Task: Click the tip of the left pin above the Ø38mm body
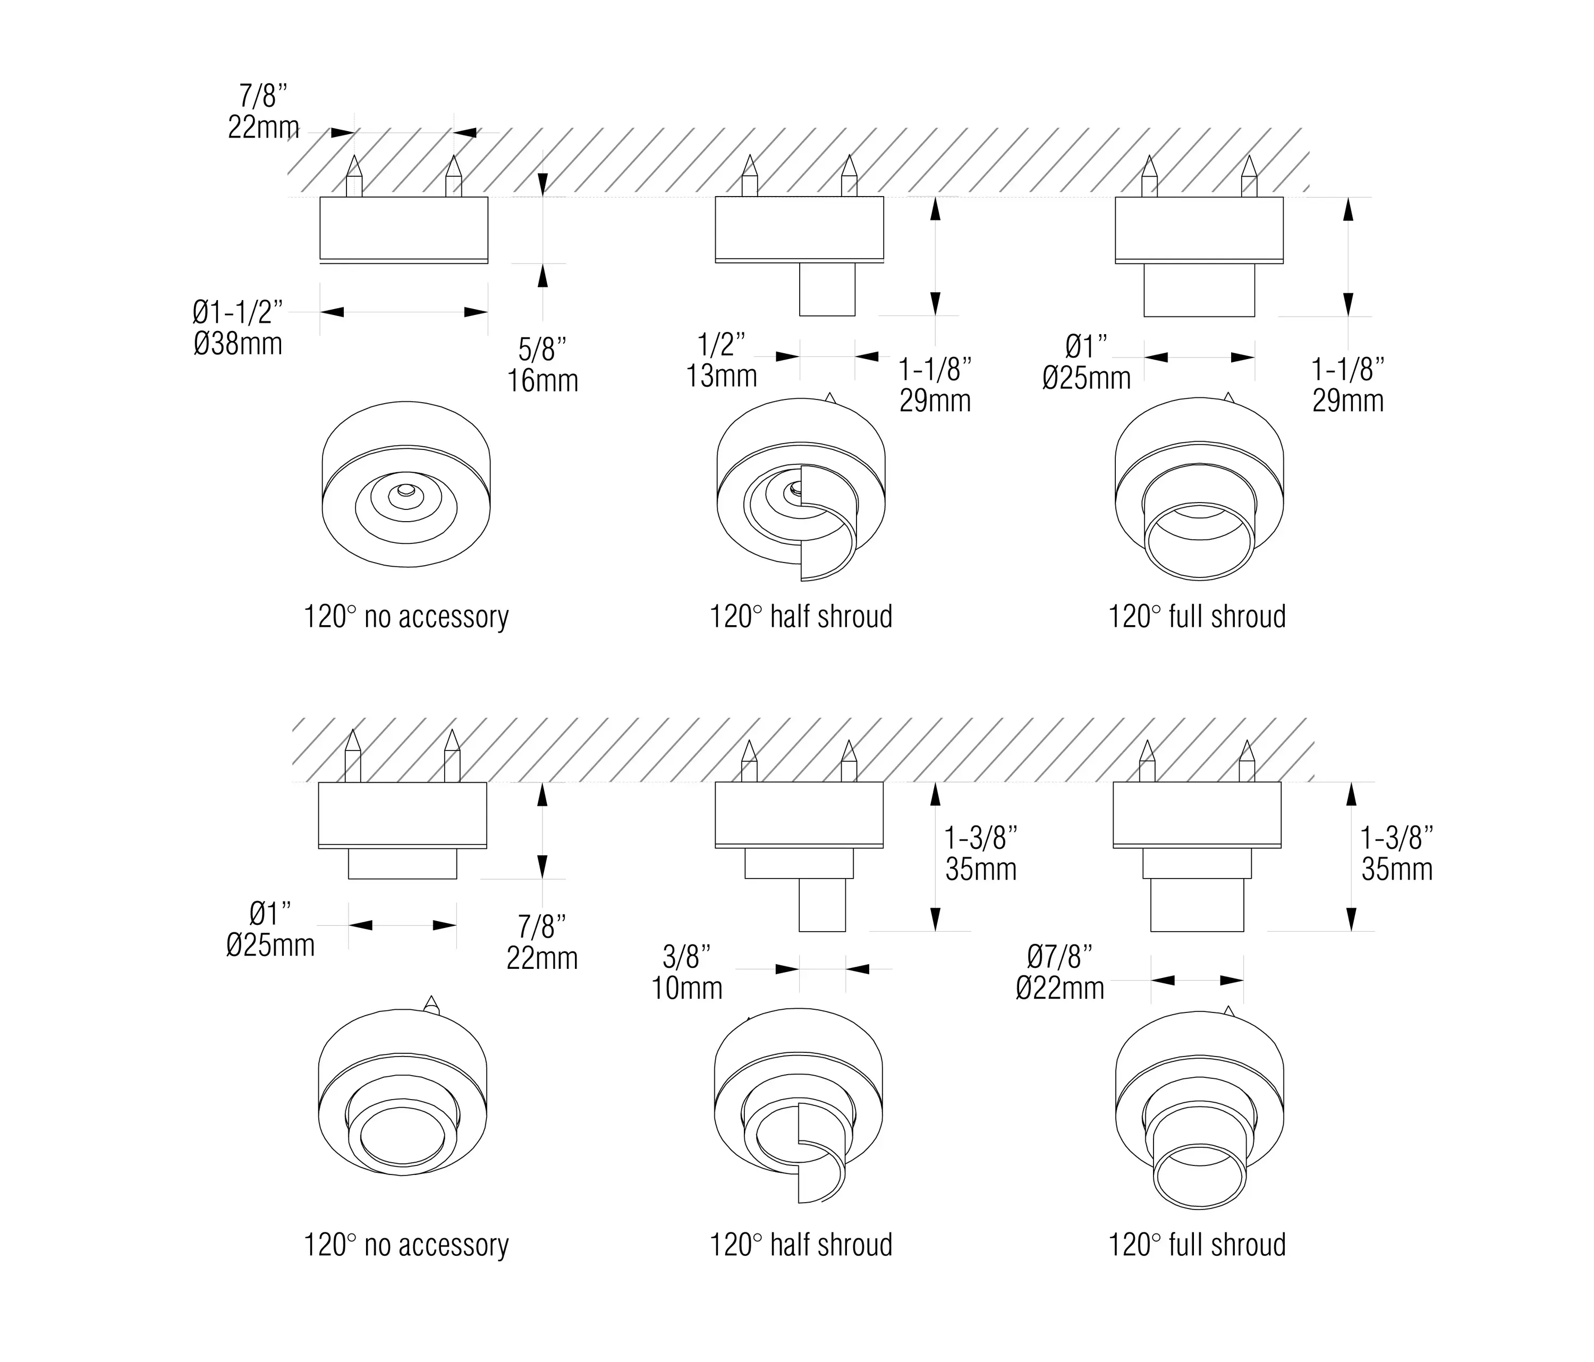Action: [x=354, y=156]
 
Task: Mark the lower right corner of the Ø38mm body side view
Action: [x=488, y=263]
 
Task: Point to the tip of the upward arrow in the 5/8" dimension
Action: [x=543, y=264]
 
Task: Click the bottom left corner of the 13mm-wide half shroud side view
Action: [x=800, y=316]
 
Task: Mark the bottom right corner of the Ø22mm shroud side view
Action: [x=1243, y=931]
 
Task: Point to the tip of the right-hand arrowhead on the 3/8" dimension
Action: [x=846, y=969]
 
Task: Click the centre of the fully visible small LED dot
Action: [x=405, y=490]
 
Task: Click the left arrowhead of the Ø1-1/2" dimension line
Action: [x=332, y=311]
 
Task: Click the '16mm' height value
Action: [x=542, y=381]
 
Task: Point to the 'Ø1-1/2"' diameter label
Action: [x=238, y=312]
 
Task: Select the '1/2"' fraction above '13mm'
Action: [x=722, y=345]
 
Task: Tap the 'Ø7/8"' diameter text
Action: [x=1059, y=957]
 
